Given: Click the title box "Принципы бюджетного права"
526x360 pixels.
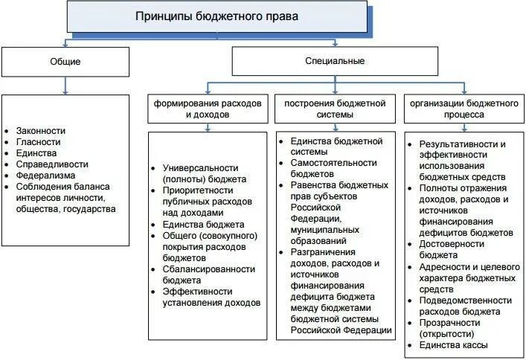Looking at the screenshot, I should coord(217,16).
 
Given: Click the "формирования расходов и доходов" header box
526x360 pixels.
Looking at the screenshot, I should coord(208,109).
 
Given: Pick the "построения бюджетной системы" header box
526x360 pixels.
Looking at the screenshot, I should coord(335,109).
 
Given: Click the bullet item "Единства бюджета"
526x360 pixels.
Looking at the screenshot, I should coord(203,224).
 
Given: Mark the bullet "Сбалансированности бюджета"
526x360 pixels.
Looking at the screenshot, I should coord(208,274).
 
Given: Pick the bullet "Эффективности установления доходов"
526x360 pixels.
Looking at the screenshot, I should coord(211,297).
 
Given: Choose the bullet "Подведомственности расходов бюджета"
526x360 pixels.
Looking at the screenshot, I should coord(465,305).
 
